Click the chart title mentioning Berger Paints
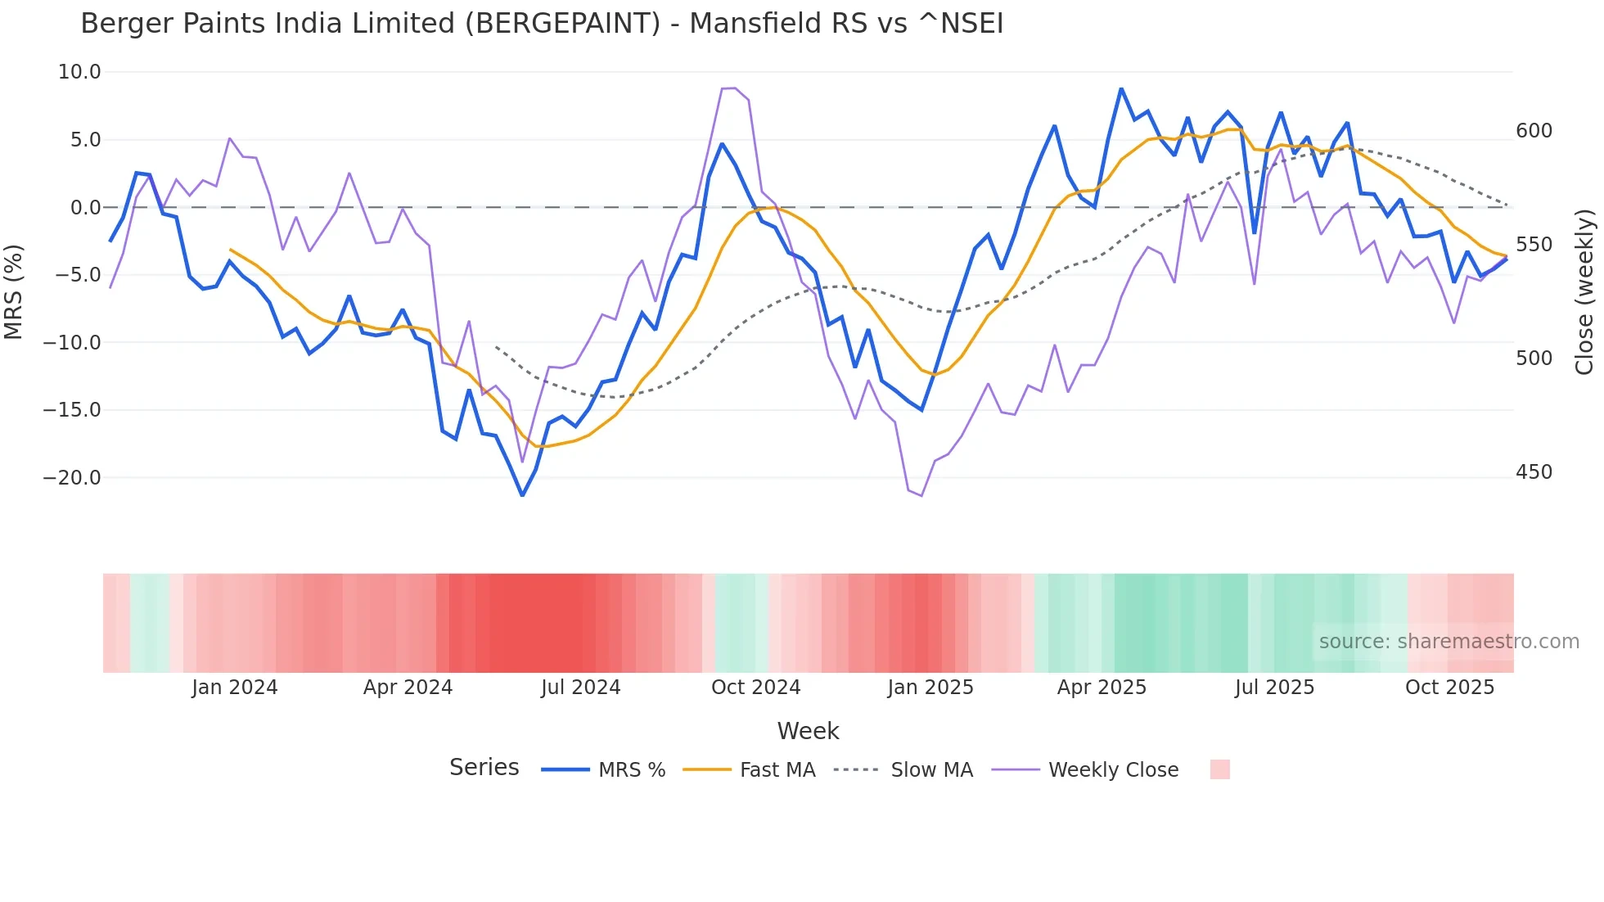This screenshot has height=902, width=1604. tap(541, 23)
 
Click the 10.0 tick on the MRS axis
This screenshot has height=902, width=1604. tap(79, 72)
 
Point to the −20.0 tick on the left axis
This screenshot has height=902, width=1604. tap(72, 478)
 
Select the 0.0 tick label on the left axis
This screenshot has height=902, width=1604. tap(85, 208)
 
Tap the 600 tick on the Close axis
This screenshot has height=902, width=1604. tap(1534, 131)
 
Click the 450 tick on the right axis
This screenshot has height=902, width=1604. tap(1534, 472)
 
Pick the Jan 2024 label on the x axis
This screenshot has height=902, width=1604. tap(235, 688)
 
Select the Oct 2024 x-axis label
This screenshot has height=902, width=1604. tap(755, 688)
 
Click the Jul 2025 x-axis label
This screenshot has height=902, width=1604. tap(1274, 688)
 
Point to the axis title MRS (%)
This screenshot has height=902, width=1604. tap(14, 291)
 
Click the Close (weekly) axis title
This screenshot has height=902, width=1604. tap(1584, 291)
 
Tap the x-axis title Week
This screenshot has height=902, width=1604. tap(808, 731)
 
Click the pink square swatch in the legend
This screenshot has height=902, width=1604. tap(1219, 769)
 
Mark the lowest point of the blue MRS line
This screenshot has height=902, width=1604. tap(522, 495)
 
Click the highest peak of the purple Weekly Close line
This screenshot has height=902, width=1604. tap(735, 88)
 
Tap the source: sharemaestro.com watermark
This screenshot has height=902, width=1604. tap(1449, 642)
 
